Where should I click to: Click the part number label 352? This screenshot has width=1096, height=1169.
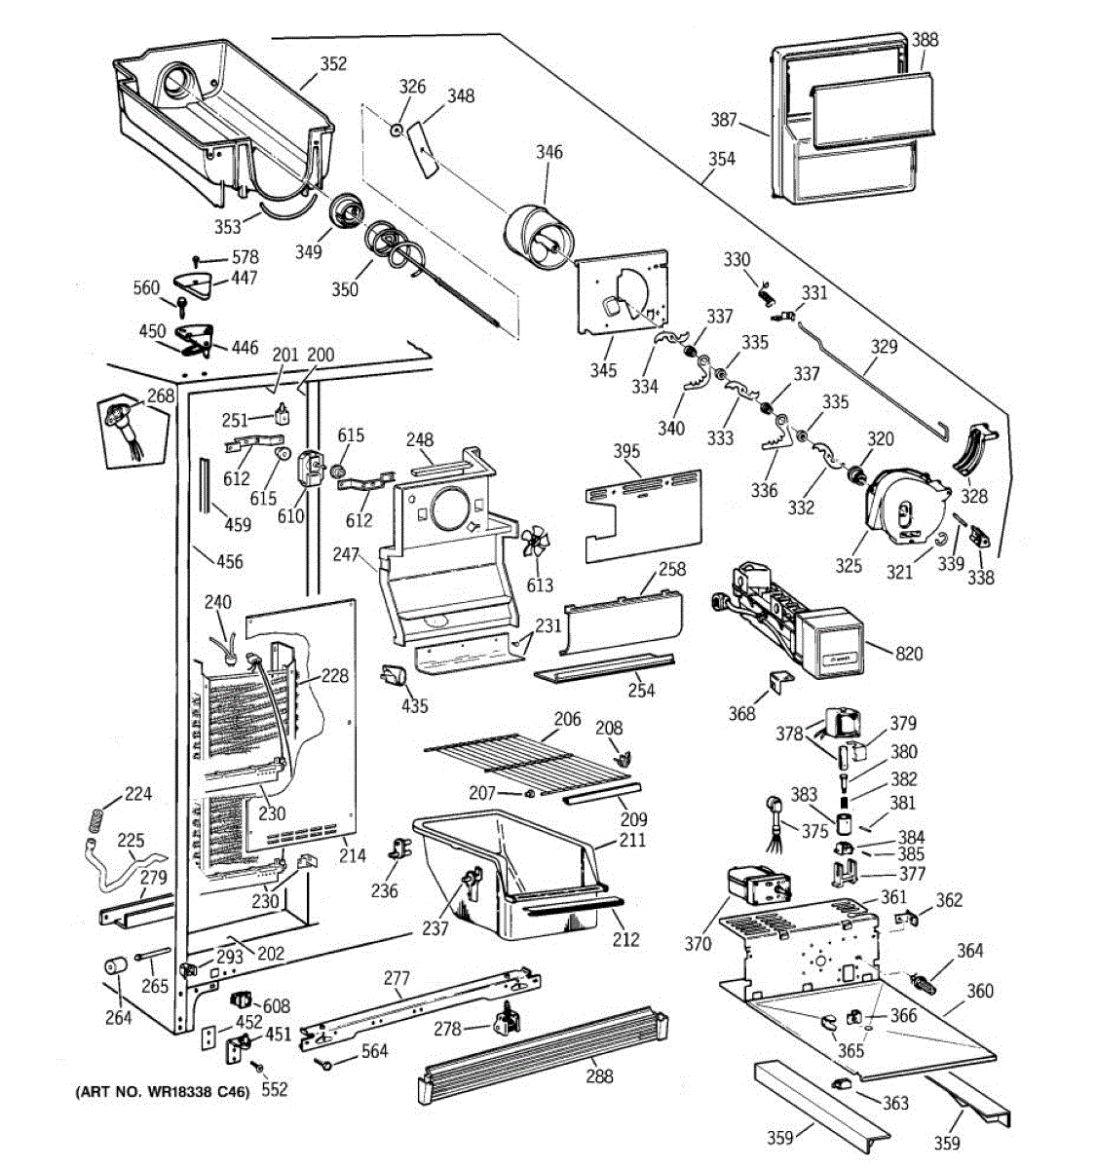click(x=333, y=63)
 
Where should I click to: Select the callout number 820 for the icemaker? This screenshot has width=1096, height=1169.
click(x=909, y=654)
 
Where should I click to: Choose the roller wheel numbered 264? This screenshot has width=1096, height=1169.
click(x=116, y=966)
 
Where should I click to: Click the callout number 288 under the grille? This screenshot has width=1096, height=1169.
click(x=599, y=1076)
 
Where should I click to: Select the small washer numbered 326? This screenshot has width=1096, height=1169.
click(x=397, y=130)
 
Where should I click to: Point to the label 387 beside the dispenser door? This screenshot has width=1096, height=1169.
click(x=724, y=120)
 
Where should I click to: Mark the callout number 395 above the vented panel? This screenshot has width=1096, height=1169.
click(x=626, y=451)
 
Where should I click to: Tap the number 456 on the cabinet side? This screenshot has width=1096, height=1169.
click(x=230, y=561)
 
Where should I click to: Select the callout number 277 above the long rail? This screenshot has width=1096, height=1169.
click(x=397, y=978)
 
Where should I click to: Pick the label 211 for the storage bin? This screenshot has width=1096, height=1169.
click(x=632, y=840)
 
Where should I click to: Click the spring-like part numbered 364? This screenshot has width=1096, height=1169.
click(x=923, y=982)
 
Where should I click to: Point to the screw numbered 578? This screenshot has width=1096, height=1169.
click(x=196, y=260)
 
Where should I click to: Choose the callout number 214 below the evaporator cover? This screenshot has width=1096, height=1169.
click(x=352, y=855)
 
